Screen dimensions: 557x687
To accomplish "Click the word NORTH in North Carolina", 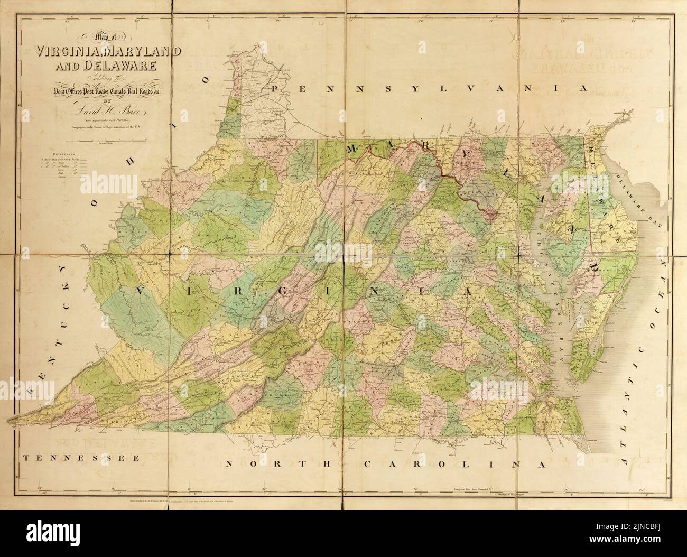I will click(280, 465).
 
